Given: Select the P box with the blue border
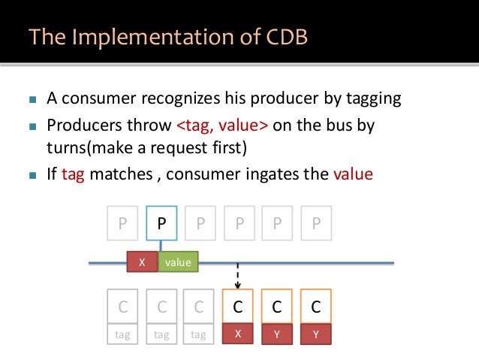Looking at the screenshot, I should click(x=161, y=224).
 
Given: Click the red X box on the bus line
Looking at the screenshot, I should click(x=142, y=262).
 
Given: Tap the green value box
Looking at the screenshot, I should click(x=178, y=262).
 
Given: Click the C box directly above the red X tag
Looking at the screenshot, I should click(x=238, y=306).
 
